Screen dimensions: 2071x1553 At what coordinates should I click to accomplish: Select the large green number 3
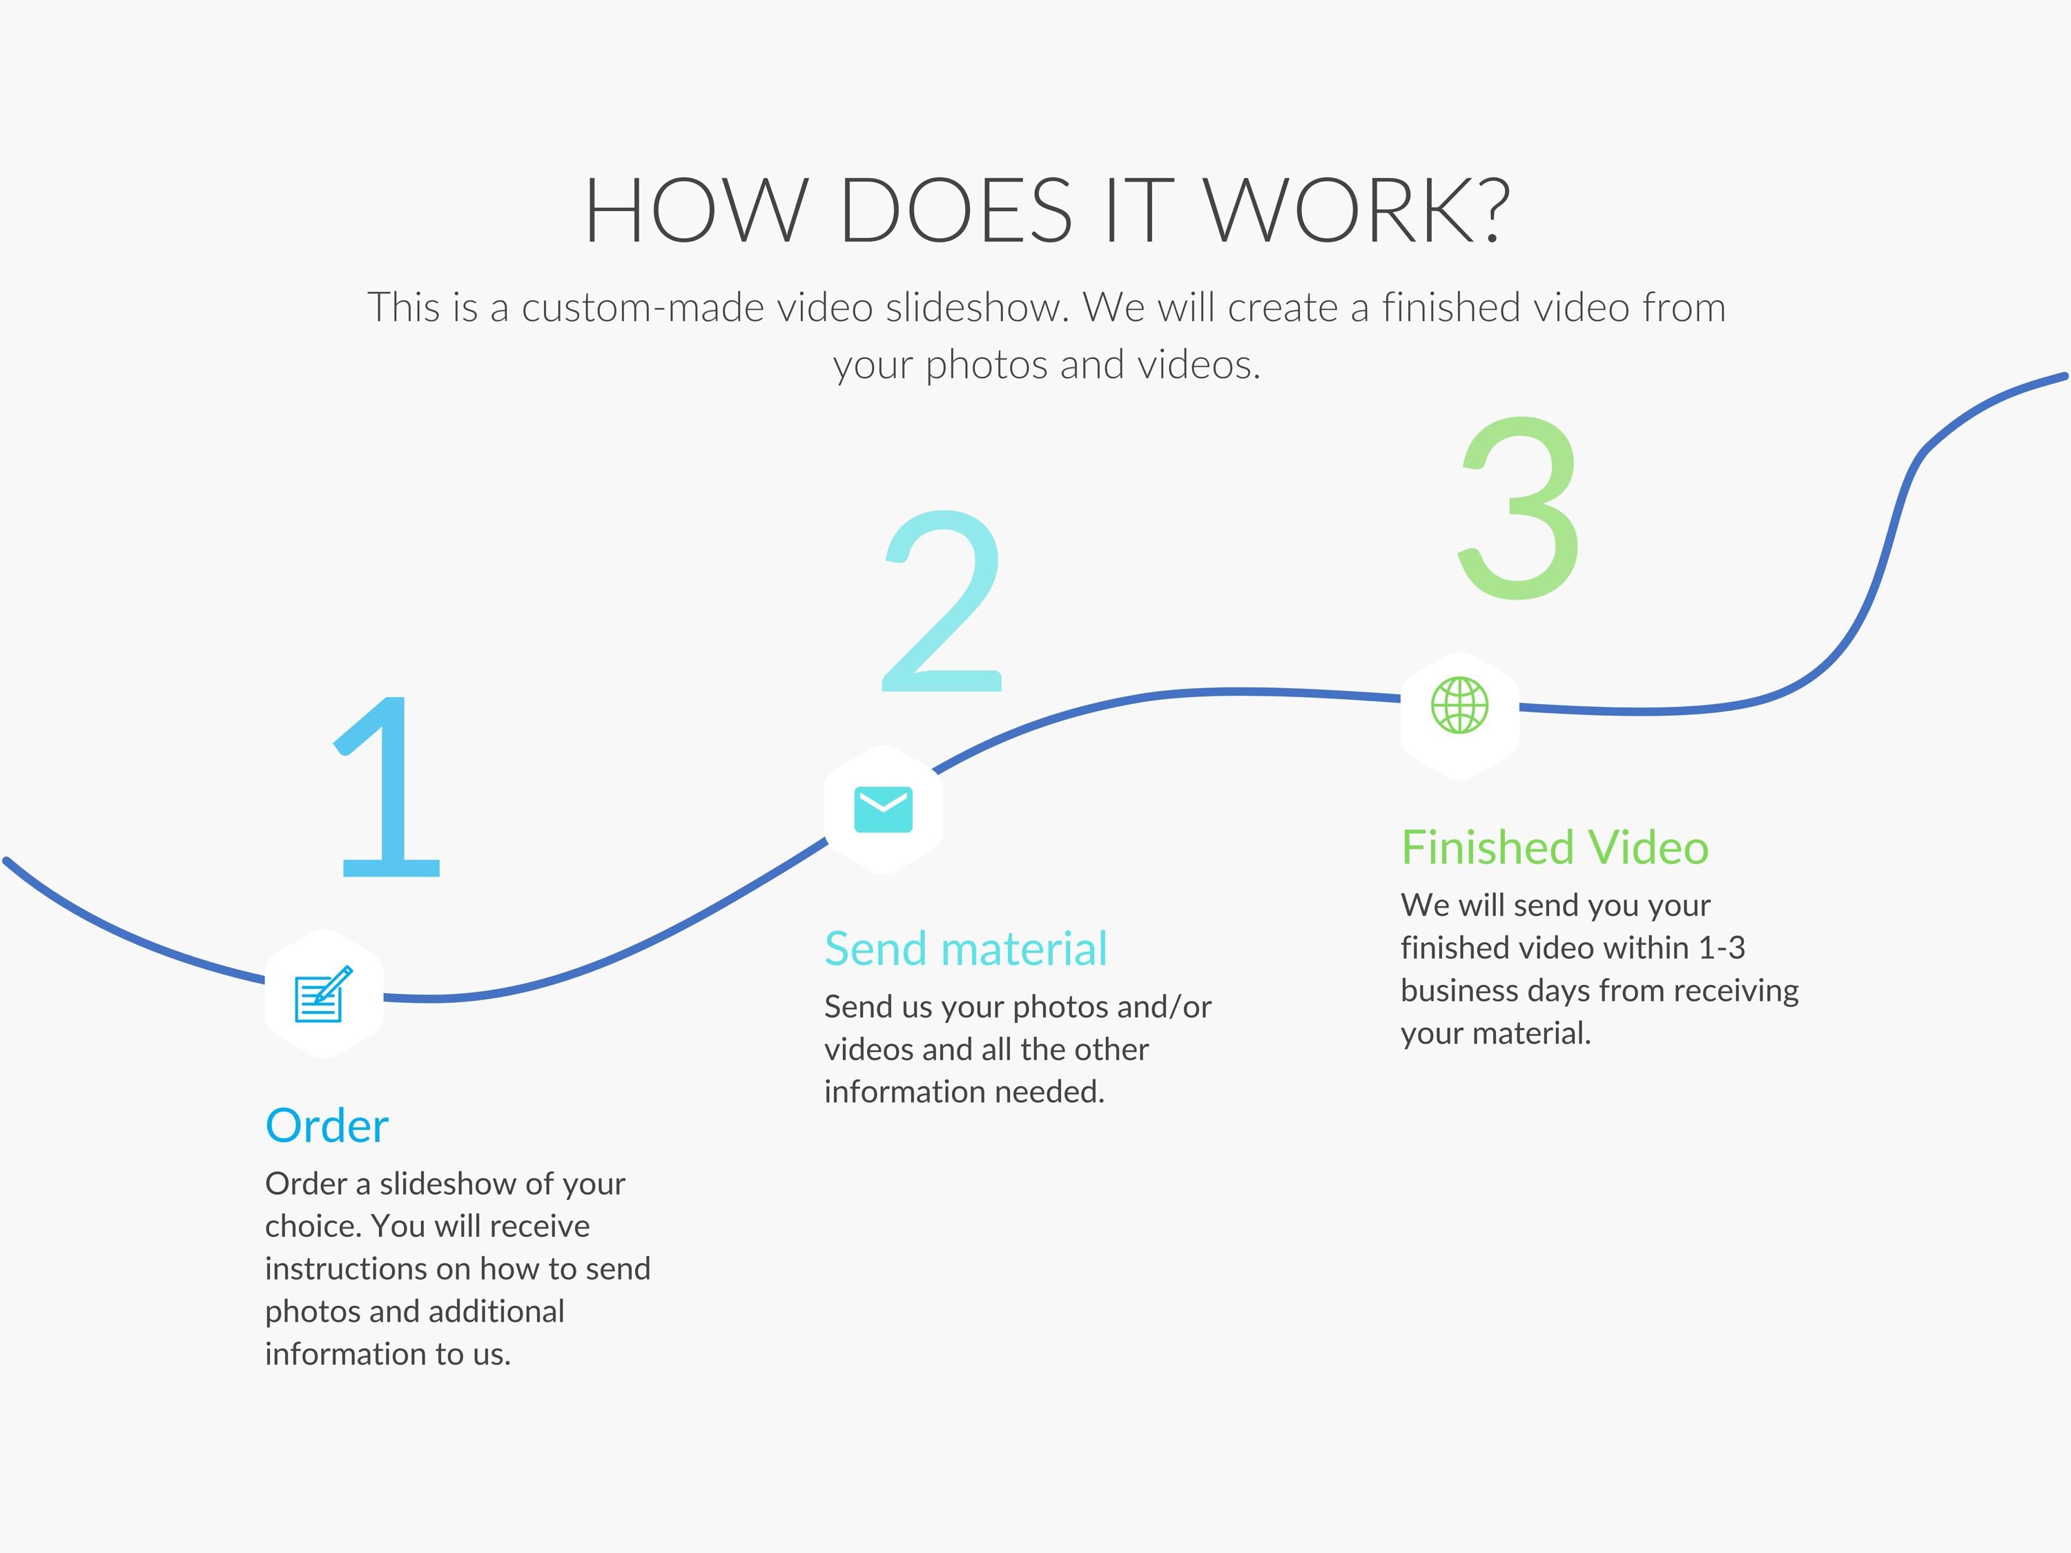(x=1519, y=507)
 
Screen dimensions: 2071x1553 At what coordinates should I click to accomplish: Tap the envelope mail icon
(x=883, y=809)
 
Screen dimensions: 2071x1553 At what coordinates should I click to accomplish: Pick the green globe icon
(x=1459, y=705)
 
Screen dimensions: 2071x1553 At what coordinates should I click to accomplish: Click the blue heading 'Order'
(x=327, y=1125)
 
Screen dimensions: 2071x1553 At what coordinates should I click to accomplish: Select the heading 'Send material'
(x=965, y=948)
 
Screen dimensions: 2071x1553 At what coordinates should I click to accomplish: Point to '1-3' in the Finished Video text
(x=1721, y=948)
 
